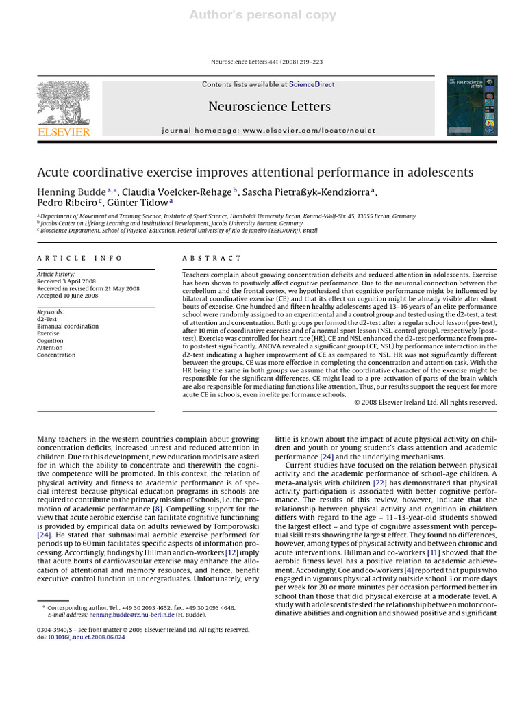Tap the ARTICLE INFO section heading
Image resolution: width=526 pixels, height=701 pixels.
[79, 258]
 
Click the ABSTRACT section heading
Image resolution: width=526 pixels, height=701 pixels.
[211, 258]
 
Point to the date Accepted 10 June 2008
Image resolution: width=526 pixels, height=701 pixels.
[67, 296]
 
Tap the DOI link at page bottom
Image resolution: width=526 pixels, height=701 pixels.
[85, 637]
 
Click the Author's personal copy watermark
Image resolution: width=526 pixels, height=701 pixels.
[263, 14]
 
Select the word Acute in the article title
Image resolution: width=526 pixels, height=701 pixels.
[54, 171]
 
